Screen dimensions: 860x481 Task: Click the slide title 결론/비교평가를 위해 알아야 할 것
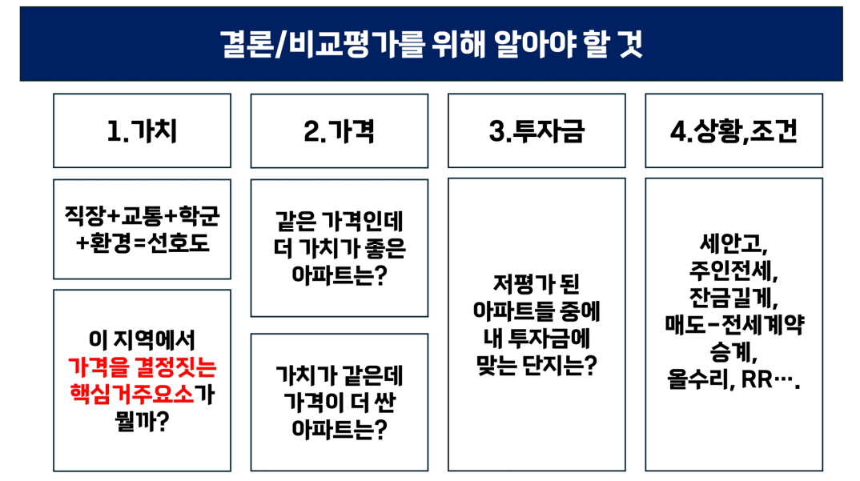pyautogui.click(x=431, y=44)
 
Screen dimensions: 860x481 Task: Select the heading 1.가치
pyautogui.click(x=142, y=131)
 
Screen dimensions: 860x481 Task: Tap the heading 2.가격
pyautogui.click(x=339, y=131)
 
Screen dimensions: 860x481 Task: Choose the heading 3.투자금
pyautogui.click(x=536, y=131)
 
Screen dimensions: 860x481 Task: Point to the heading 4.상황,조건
pyautogui.click(x=733, y=131)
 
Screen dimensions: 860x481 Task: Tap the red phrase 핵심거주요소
pyautogui.click(x=131, y=394)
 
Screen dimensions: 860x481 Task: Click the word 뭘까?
pyautogui.click(x=142, y=421)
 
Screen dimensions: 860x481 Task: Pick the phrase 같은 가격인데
pyautogui.click(x=339, y=221)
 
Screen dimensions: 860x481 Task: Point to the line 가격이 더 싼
pyautogui.click(x=339, y=402)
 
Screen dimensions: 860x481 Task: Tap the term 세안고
pyautogui.click(x=733, y=243)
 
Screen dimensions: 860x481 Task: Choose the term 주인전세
pyautogui.click(x=733, y=271)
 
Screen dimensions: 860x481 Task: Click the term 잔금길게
pyautogui.click(x=733, y=297)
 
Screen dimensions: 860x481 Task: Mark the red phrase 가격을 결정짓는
pyautogui.click(x=142, y=367)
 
